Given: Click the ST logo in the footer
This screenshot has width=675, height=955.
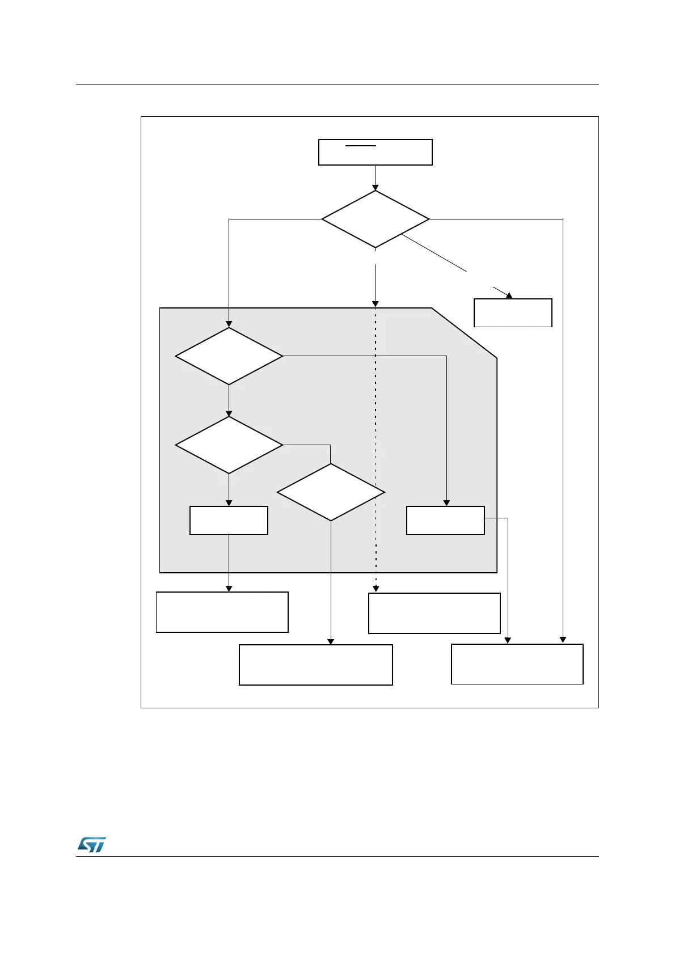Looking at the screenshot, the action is pyautogui.click(x=91, y=844).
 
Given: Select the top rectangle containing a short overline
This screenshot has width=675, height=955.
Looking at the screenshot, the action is pyautogui.click(x=375, y=152).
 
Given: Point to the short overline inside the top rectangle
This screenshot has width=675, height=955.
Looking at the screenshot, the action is pyautogui.click(x=361, y=146).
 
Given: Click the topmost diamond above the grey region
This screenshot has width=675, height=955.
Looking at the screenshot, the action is pyautogui.click(x=375, y=219).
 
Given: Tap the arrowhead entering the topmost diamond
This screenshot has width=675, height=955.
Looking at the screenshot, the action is pyautogui.click(x=375, y=187).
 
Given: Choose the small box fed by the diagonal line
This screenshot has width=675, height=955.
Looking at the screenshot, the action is pyautogui.click(x=513, y=312).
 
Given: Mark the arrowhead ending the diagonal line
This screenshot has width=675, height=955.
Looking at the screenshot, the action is pyautogui.click(x=509, y=295).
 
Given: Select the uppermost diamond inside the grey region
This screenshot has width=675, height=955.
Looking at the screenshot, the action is pyautogui.click(x=229, y=356).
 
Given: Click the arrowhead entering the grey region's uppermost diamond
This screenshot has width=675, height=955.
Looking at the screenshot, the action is pyautogui.click(x=229, y=324).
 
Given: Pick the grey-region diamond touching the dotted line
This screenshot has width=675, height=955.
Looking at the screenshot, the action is pyautogui.click(x=331, y=492).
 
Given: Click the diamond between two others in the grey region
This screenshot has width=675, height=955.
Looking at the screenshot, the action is pyautogui.click(x=229, y=445).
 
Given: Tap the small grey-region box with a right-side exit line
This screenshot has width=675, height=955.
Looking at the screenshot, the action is pyautogui.click(x=445, y=520).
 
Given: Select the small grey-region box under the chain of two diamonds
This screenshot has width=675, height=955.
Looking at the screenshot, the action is pyautogui.click(x=229, y=520).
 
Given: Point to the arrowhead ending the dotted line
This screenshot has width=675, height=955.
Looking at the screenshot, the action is pyautogui.click(x=376, y=589).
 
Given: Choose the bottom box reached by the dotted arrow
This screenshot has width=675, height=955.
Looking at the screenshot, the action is pyautogui.click(x=434, y=613).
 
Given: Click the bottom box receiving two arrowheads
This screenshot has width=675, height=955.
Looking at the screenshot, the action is pyautogui.click(x=517, y=664).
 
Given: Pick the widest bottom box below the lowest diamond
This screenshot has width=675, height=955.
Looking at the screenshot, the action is pyautogui.click(x=315, y=665).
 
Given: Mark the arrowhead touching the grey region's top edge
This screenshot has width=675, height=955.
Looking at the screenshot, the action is pyautogui.click(x=375, y=304).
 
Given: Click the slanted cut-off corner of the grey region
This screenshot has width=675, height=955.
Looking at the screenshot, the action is pyautogui.click(x=464, y=333).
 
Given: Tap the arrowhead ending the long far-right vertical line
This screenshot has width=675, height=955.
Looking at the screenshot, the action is pyautogui.click(x=563, y=640).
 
